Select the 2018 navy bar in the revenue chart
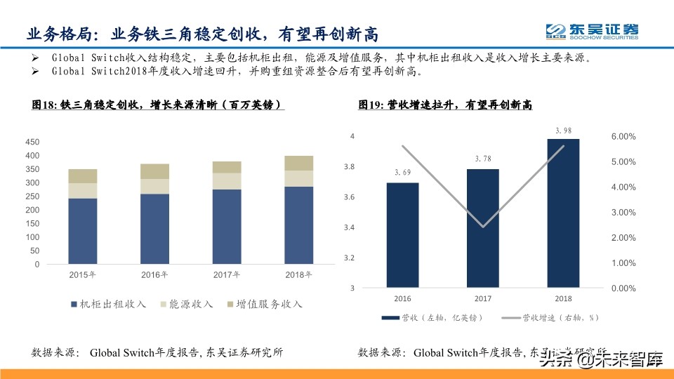click(x=564, y=213)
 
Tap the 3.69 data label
click(x=402, y=173)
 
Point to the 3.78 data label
click(x=483, y=159)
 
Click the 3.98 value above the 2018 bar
click(x=564, y=130)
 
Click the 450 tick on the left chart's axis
click(x=32, y=142)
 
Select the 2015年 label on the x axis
click(x=83, y=274)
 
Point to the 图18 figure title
click(x=159, y=105)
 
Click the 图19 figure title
click(x=444, y=105)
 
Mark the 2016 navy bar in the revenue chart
click(x=402, y=235)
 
